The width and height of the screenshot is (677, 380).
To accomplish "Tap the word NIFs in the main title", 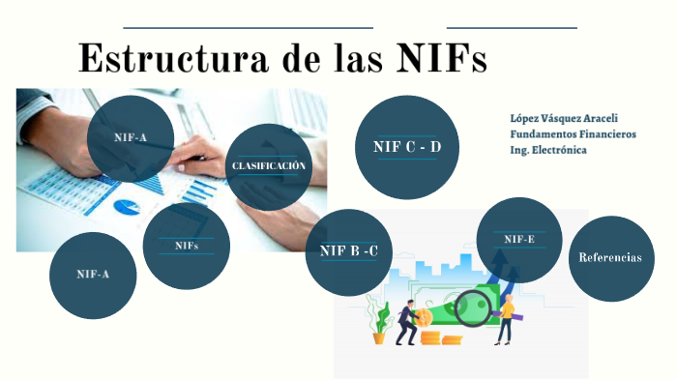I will tap(442, 58).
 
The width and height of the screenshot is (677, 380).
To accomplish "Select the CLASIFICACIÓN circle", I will tap(268, 166).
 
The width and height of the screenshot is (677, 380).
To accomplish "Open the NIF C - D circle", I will tap(406, 147).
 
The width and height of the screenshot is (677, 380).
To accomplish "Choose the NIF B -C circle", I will tap(348, 252).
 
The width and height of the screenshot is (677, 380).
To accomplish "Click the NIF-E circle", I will tap(519, 239).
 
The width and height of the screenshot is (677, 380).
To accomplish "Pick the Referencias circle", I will tap(610, 258).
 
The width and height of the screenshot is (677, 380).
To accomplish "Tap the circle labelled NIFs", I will tap(187, 246).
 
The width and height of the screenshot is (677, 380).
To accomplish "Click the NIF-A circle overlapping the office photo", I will tap(131, 138).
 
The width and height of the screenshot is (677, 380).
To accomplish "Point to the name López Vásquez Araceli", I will tap(564, 118).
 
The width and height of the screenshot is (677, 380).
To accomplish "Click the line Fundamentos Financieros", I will tap(573, 134).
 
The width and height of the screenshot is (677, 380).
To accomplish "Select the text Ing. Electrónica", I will tap(548, 150).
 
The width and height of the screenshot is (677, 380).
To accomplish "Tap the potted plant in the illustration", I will tap(380, 327).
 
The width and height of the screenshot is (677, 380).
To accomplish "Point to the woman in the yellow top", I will tap(505, 319).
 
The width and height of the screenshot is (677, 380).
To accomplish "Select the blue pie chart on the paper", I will tap(127, 206).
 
